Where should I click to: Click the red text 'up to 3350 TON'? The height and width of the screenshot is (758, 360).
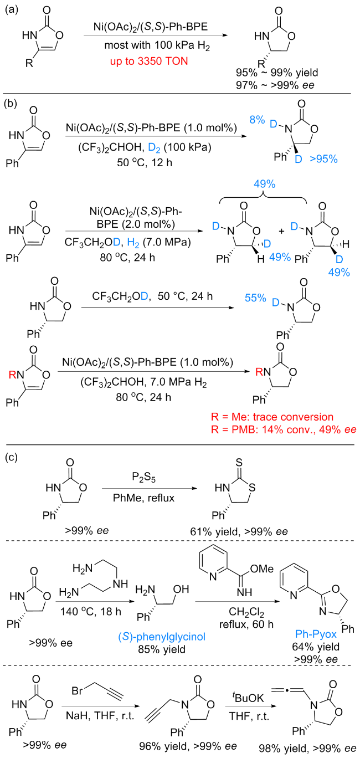click(x=149, y=62)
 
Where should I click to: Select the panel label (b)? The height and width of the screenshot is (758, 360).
click(x=11, y=103)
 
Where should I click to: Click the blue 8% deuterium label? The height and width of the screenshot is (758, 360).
click(x=257, y=120)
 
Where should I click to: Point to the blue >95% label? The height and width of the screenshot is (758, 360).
click(x=324, y=158)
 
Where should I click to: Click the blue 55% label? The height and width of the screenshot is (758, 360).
click(x=256, y=298)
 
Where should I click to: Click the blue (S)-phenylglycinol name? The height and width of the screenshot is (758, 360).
click(x=162, y=637)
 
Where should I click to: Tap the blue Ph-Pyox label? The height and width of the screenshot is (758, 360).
click(x=316, y=634)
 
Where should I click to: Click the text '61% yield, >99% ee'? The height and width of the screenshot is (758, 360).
click(x=239, y=531)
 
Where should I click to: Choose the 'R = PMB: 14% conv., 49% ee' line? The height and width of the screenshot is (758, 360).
click(x=284, y=429)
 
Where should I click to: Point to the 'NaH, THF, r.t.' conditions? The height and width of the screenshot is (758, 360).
click(x=100, y=716)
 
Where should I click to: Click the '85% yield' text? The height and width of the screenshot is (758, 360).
click(x=162, y=649)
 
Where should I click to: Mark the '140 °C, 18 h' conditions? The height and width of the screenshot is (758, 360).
click(x=91, y=612)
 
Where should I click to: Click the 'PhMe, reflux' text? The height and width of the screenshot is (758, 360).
click(x=144, y=498)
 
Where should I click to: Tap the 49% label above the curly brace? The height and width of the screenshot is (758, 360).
click(x=265, y=184)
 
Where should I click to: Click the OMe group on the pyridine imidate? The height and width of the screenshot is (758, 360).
click(x=262, y=569)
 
